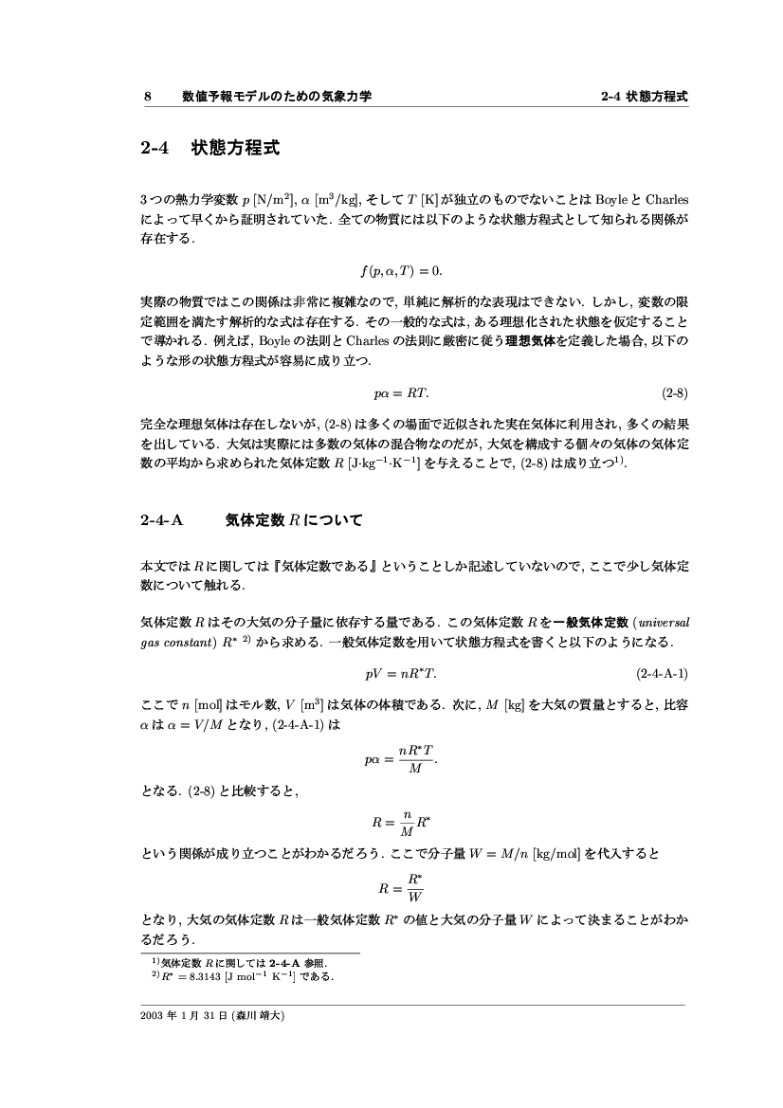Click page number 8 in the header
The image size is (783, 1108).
point(147,97)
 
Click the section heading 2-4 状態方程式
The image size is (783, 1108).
point(209,149)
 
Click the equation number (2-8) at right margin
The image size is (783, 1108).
point(674,391)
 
